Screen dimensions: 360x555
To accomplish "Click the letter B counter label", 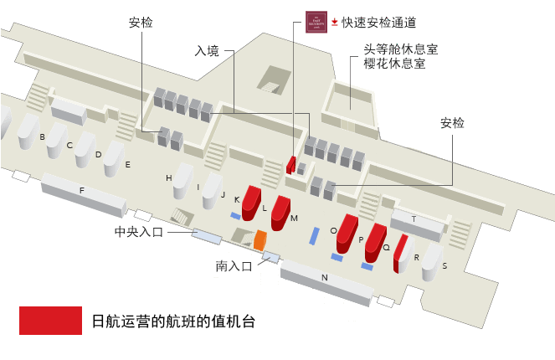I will [42, 136].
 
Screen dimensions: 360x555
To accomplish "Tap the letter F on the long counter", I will [81, 190].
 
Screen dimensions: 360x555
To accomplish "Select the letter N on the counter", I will [324, 276].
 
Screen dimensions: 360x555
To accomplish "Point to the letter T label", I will [414, 219].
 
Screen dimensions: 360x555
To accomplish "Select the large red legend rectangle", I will [50, 320].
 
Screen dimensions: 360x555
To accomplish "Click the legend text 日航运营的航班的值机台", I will [172, 321].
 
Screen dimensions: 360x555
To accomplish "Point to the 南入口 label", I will [234, 266].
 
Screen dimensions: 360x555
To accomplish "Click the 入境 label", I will [207, 51].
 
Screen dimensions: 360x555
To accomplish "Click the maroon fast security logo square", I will [316, 22].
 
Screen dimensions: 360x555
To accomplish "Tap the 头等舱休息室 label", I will [400, 49].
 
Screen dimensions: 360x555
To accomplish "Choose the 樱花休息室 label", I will [394, 64].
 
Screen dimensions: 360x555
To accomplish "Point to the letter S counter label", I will [445, 265].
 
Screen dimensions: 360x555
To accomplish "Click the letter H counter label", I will [168, 178].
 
